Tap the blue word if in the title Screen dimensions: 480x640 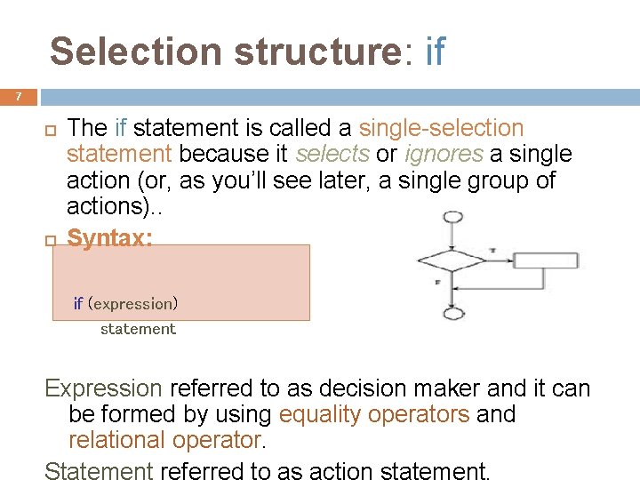click(x=435, y=52)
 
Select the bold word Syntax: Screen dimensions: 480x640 click(x=109, y=238)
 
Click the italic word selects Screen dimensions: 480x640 click(x=332, y=154)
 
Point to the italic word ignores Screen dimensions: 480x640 click(x=444, y=154)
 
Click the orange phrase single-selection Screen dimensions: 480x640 click(x=441, y=128)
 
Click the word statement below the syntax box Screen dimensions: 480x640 click(x=138, y=329)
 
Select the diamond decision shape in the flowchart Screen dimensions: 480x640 click(x=452, y=260)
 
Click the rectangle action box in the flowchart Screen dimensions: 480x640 click(x=546, y=260)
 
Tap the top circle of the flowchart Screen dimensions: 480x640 click(x=452, y=218)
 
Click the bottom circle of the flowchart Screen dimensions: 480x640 click(x=452, y=313)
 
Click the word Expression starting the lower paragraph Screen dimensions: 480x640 click(x=103, y=388)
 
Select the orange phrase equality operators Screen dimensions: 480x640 click(x=373, y=414)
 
